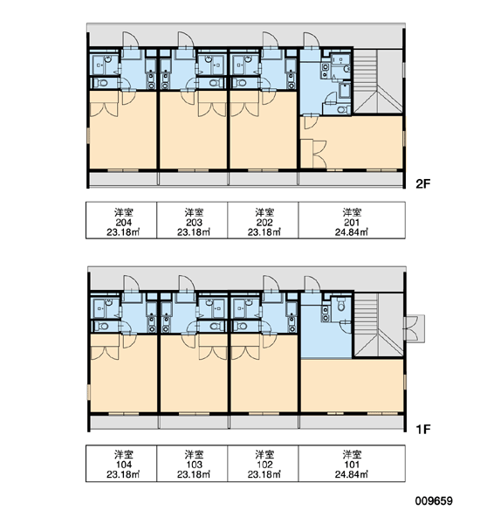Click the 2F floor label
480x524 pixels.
tap(423, 183)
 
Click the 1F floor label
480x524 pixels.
tap(423, 429)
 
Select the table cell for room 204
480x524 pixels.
tap(121, 220)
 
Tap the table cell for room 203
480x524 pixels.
tap(192, 220)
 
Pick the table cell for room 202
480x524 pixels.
tap(264, 220)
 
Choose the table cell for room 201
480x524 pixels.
tap(352, 220)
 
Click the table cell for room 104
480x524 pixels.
tap(121, 464)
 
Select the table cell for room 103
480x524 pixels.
tap(192, 464)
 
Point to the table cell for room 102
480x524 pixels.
tap(264, 464)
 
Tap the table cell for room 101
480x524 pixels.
tap(352, 464)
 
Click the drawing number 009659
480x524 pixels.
tap(434, 501)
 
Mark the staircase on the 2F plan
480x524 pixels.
tap(378, 81)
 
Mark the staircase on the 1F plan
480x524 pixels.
tap(378, 325)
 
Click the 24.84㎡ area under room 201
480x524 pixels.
tap(352, 232)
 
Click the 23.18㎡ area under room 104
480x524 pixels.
tap(123, 474)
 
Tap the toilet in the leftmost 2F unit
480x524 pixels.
tap(101, 83)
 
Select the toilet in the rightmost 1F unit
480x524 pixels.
tap(340, 305)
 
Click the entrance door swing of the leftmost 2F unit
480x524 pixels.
tap(131, 39)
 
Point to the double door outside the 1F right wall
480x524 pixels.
tap(415, 328)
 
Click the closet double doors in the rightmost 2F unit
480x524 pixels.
tap(320, 154)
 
